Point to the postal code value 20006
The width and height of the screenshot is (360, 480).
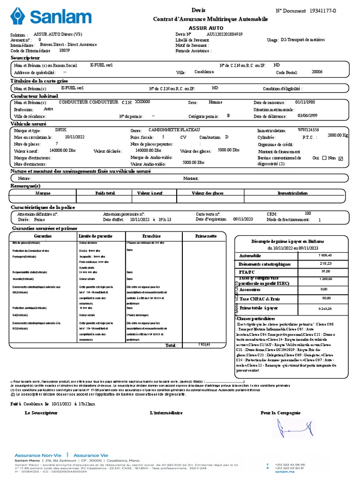click(x=317, y=72)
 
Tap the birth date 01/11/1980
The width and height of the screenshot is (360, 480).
click(x=305, y=102)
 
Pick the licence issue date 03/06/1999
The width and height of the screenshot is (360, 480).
click(x=307, y=115)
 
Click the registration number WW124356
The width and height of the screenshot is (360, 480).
click(x=308, y=129)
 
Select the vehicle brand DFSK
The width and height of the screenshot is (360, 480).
click(x=61, y=129)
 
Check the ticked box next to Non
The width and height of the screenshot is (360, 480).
click(x=341, y=158)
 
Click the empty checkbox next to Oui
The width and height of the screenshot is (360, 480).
click(x=324, y=158)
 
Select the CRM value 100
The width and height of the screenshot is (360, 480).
click(x=307, y=213)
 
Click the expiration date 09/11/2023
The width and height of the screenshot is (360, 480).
click(x=243, y=219)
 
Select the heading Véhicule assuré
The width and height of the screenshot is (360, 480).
click(x=29, y=124)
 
